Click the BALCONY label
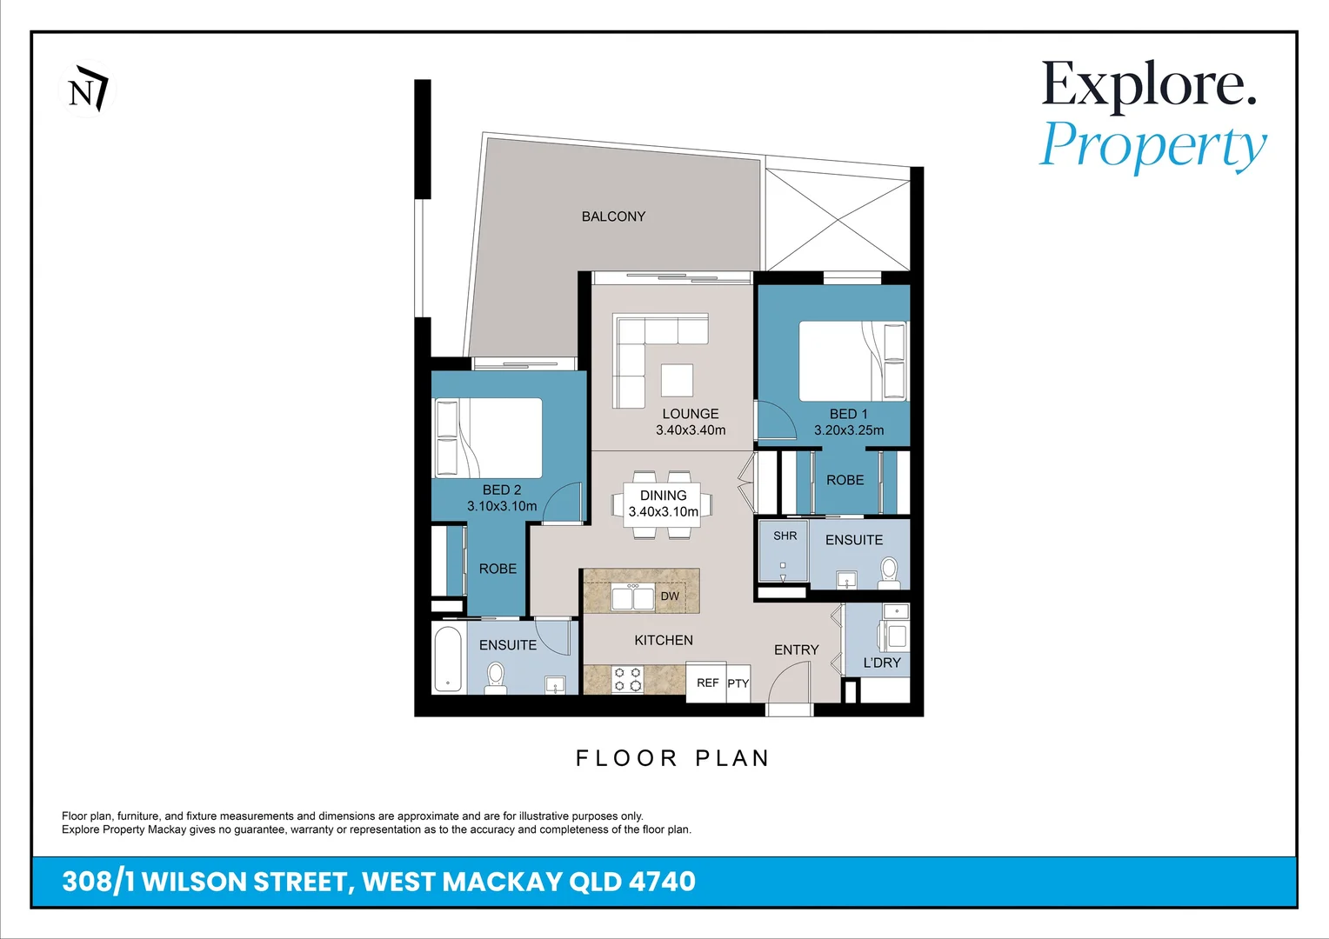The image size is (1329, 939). pos(613,216)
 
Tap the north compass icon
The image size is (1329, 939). pos(88,90)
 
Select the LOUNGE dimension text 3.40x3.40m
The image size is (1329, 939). pos(691,430)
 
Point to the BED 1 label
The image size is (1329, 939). pos(848,414)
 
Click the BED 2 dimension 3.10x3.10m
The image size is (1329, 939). pos(502,506)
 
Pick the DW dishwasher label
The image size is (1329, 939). pos(670,596)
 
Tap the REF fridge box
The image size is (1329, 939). pos(707,683)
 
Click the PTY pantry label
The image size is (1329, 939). pos(738,684)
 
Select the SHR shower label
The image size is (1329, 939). pos(785,536)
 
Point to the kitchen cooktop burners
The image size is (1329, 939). pos(627,679)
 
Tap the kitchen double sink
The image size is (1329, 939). pos(632,598)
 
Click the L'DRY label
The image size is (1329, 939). pos(882,663)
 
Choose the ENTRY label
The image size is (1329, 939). pos(796,649)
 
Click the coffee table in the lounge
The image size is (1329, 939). pos(677,381)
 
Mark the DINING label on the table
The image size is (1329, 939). pos(663,496)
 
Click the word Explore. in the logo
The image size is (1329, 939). pos(1149,85)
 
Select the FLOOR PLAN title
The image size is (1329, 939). pos(673,758)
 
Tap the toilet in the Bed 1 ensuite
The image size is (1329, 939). pos(889,571)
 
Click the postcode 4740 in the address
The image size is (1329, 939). pos(662,882)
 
